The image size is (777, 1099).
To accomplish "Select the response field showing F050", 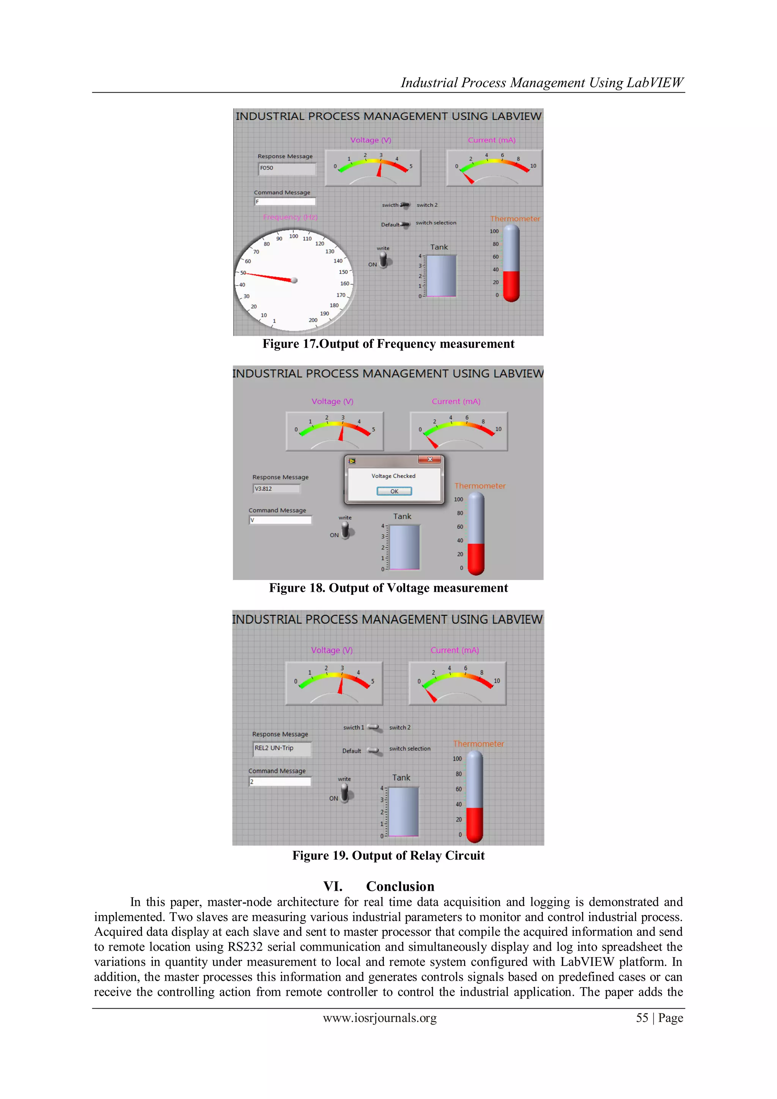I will coord(287,168).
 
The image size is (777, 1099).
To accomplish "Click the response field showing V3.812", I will coord(276,489).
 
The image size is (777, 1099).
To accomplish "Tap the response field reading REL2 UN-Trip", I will coord(282,748).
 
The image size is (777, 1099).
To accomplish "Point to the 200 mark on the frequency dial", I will coord(313,320).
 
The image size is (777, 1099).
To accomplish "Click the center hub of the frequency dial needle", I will coord(294,280).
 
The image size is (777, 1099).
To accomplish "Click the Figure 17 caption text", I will coord(388,344).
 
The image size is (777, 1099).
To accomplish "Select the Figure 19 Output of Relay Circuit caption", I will coord(388,856).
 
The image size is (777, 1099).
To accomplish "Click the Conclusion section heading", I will coord(400,887).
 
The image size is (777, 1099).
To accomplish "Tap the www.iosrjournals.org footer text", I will coord(380,1018).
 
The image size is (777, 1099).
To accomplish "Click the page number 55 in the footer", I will coord(642,1018).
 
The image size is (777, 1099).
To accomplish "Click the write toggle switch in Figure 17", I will coord(384,261).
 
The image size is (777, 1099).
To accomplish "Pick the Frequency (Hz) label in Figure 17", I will coord(290,217).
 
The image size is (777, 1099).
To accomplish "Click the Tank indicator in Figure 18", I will coord(404,547).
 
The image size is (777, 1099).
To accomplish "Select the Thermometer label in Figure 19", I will coord(478,744).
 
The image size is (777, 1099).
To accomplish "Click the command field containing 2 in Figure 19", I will coord(280,781).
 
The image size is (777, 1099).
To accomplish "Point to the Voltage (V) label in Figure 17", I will coord(371,140).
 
